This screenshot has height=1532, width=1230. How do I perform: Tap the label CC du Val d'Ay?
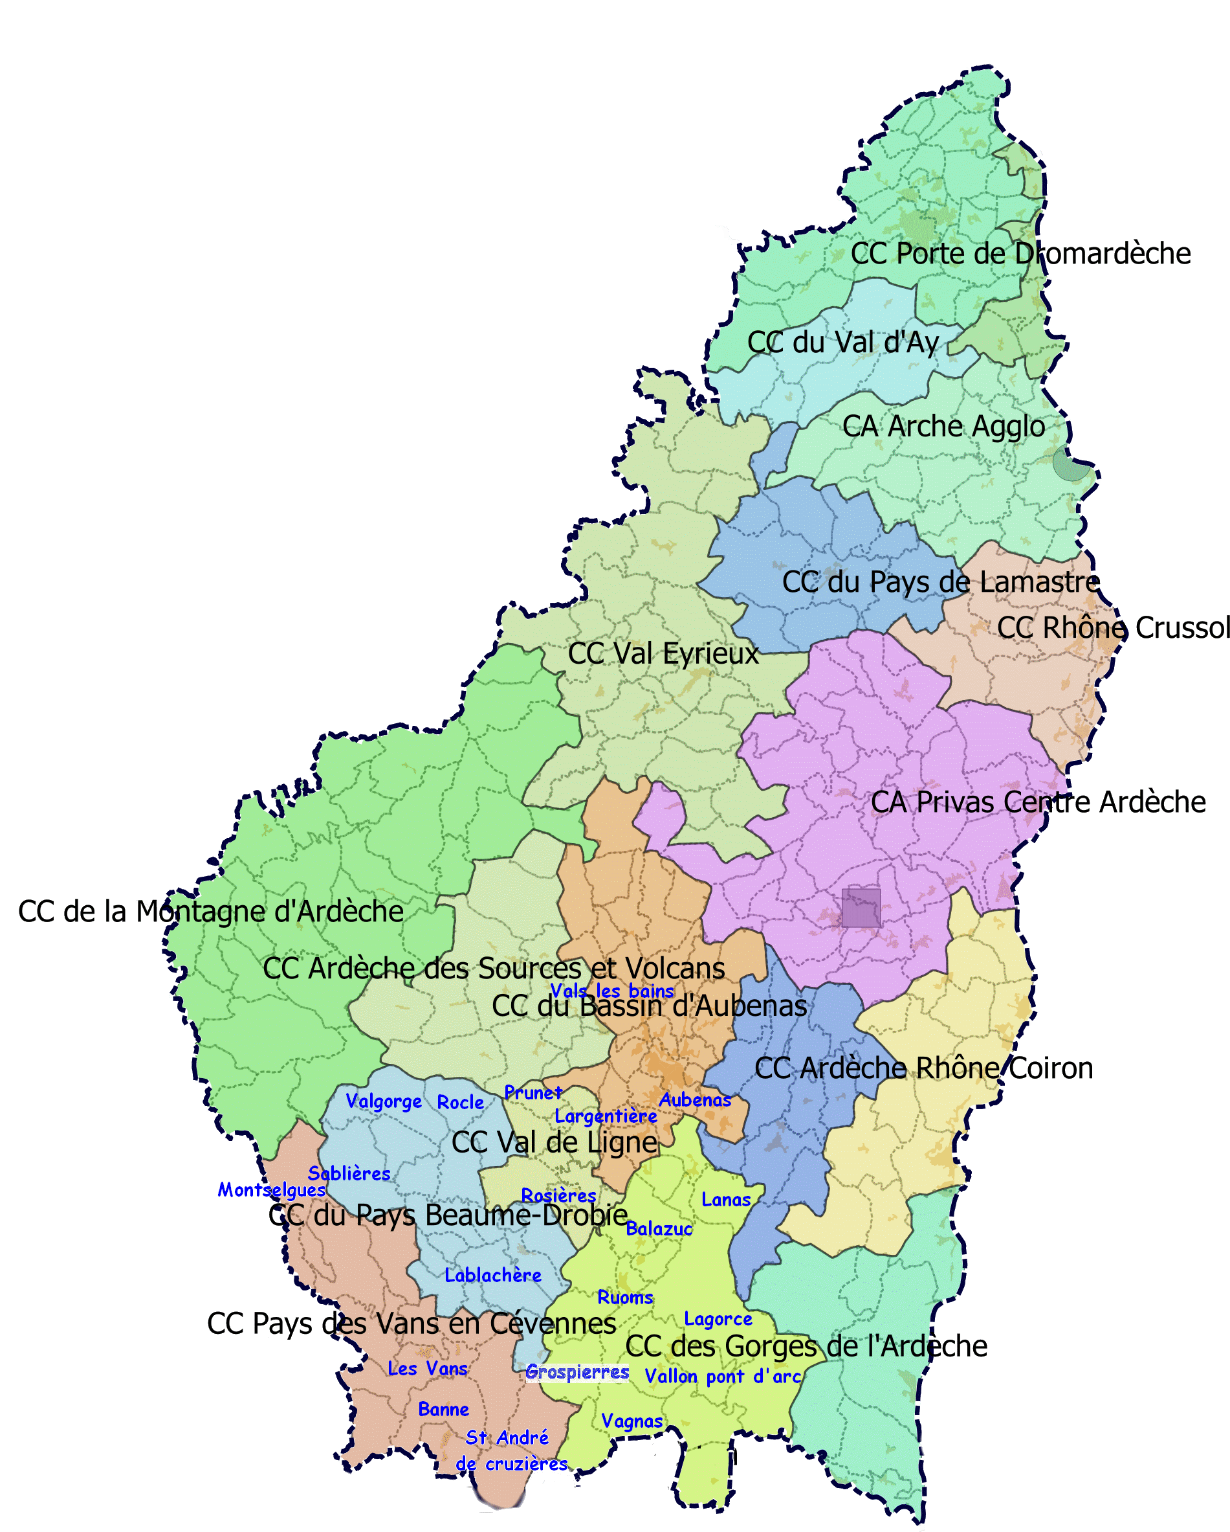click(x=843, y=343)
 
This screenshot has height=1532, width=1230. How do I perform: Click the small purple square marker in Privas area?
click(x=861, y=907)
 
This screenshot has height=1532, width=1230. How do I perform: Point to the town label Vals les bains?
click(x=611, y=991)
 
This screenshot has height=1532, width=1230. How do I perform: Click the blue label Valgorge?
click(x=384, y=1101)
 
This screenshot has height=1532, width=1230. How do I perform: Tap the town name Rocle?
click(x=460, y=1102)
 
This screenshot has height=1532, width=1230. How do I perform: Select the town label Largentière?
click(x=606, y=1116)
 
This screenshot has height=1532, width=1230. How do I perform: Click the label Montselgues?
click(x=271, y=1189)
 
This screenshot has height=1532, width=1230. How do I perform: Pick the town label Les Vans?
click(x=428, y=1369)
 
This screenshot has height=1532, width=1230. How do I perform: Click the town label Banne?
click(x=443, y=1409)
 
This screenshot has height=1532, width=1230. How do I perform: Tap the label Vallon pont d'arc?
click(x=722, y=1377)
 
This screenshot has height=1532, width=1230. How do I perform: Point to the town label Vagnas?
click(x=632, y=1421)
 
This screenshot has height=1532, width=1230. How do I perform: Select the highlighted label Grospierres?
click(x=577, y=1372)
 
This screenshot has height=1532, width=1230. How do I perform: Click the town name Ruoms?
click(x=625, y=1298)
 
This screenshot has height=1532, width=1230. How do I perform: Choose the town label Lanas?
click(x=726, y=1200)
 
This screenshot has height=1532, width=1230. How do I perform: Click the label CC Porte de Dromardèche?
click(x=1020, y=254)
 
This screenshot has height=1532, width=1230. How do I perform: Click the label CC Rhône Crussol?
click(x=1113, y=627)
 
